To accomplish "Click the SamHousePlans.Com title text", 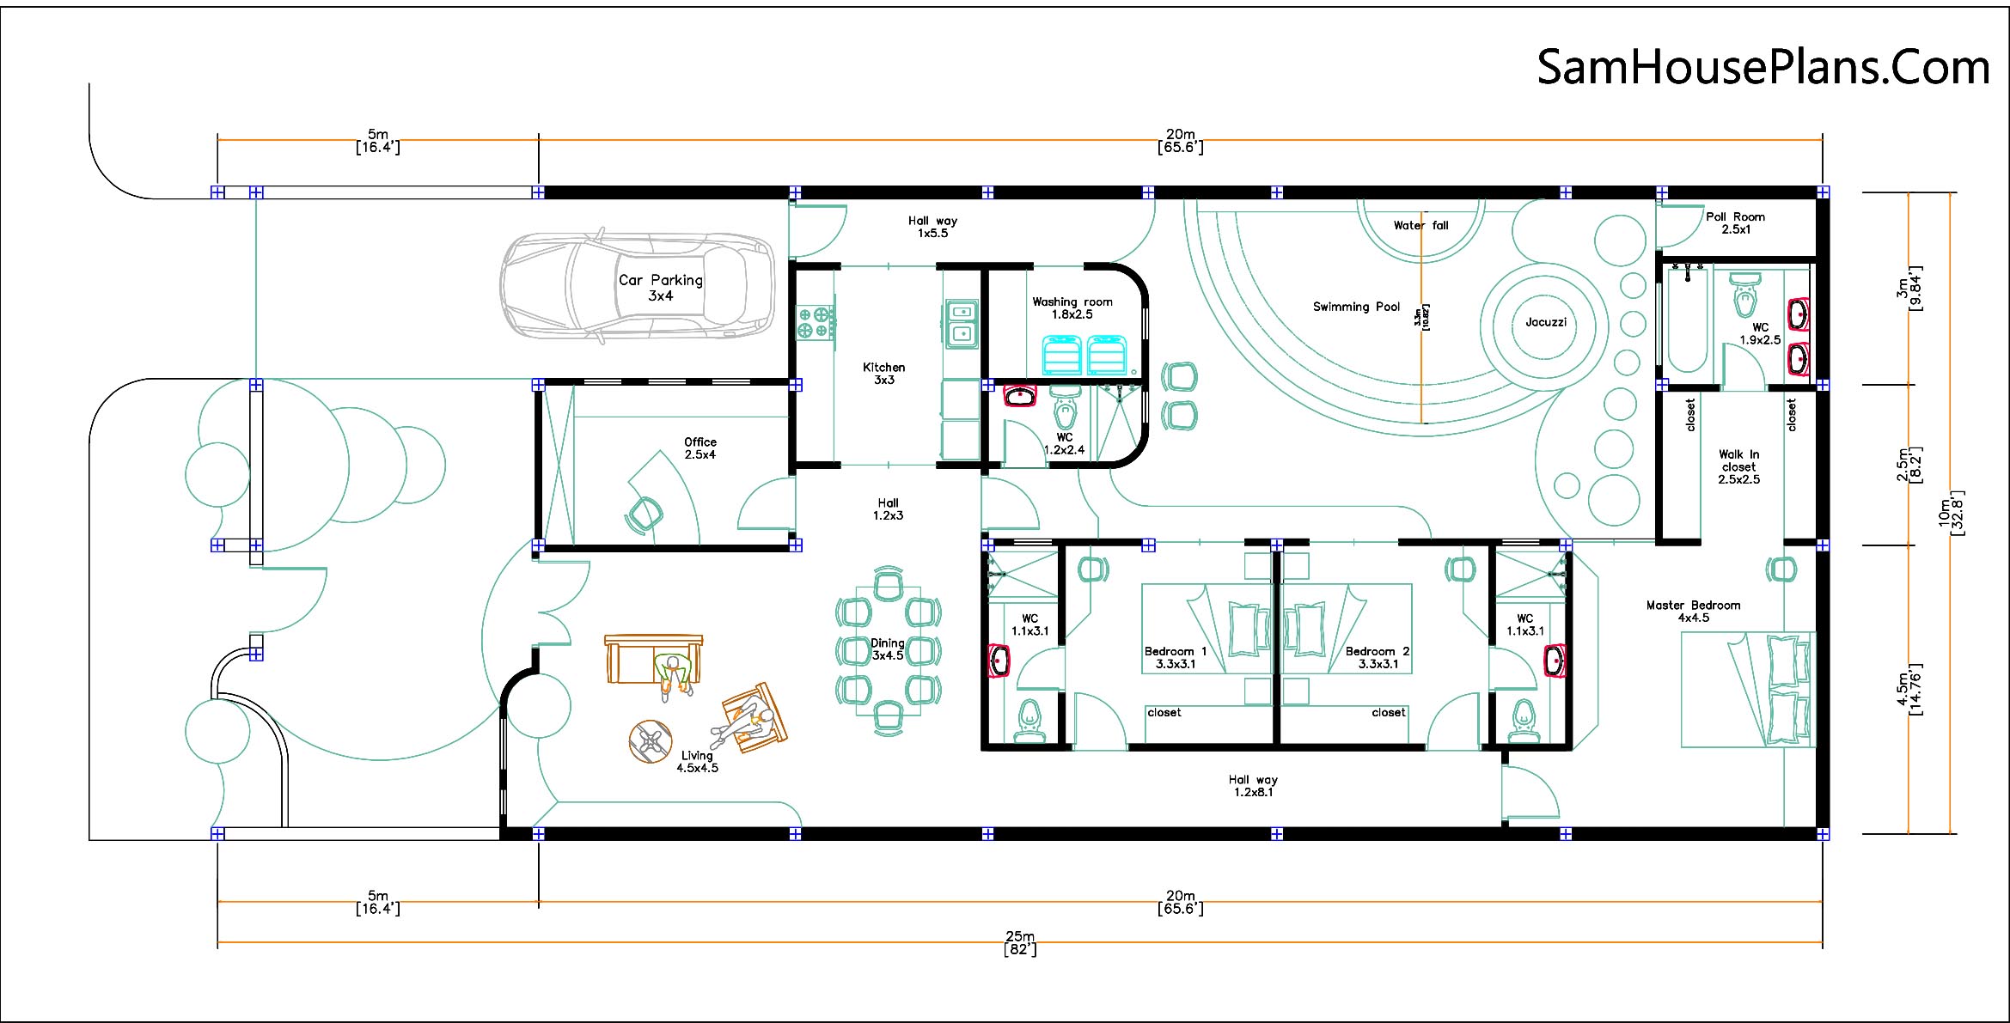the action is point(1763,67).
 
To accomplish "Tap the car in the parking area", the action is point(637,286).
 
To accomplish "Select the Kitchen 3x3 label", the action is point(884,374).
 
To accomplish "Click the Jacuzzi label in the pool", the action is point(1546,322).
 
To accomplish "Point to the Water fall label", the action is point(1420,226).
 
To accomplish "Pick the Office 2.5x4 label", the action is point(700,448).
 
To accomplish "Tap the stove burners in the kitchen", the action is point(815,322).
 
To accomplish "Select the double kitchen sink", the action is point(962,324).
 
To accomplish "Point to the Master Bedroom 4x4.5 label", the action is point(1693,612).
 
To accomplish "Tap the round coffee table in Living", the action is point(650,741).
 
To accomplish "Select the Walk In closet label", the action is point(1738,466).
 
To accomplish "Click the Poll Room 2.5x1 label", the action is point(1735,223).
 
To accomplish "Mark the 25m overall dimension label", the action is point(1020,942).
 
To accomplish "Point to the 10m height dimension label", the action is point(1950,514).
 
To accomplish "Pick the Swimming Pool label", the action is point(1356,307).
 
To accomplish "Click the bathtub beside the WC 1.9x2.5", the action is point(1687,319).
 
